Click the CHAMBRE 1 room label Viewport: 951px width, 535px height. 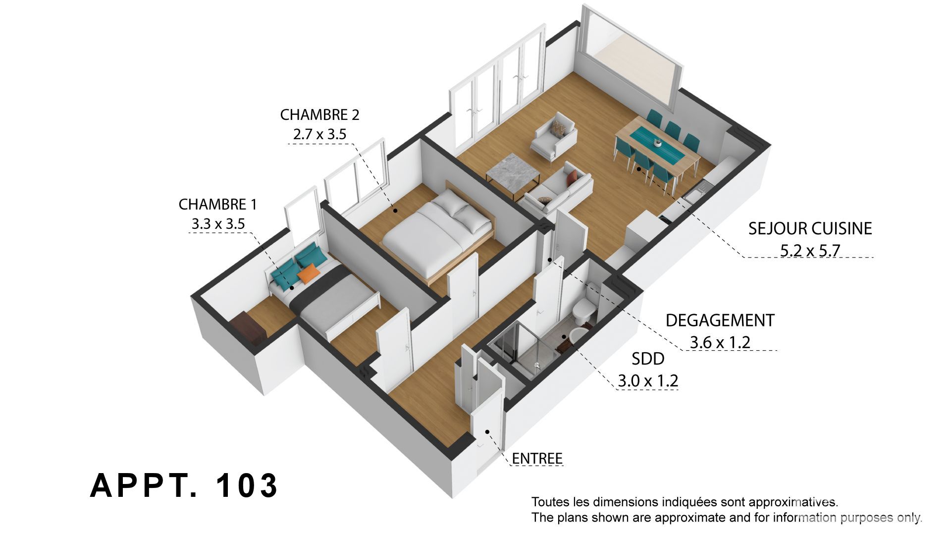(x=218, y=204)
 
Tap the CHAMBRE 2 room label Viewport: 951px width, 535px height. (x=319, y=114)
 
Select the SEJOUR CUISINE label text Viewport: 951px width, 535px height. (x=810, y=228)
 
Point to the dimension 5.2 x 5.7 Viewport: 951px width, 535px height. (x=810, y=251)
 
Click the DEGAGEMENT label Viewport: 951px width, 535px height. (x=720, y=321)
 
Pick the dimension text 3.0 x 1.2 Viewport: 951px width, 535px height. (x=648, y=380)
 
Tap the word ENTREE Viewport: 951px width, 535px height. (x=537, y=459)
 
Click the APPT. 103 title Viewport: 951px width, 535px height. (x=184, y=485)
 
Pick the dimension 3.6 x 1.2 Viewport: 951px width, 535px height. (x=720, y=342)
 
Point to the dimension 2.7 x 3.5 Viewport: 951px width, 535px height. (x=319, y=134)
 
